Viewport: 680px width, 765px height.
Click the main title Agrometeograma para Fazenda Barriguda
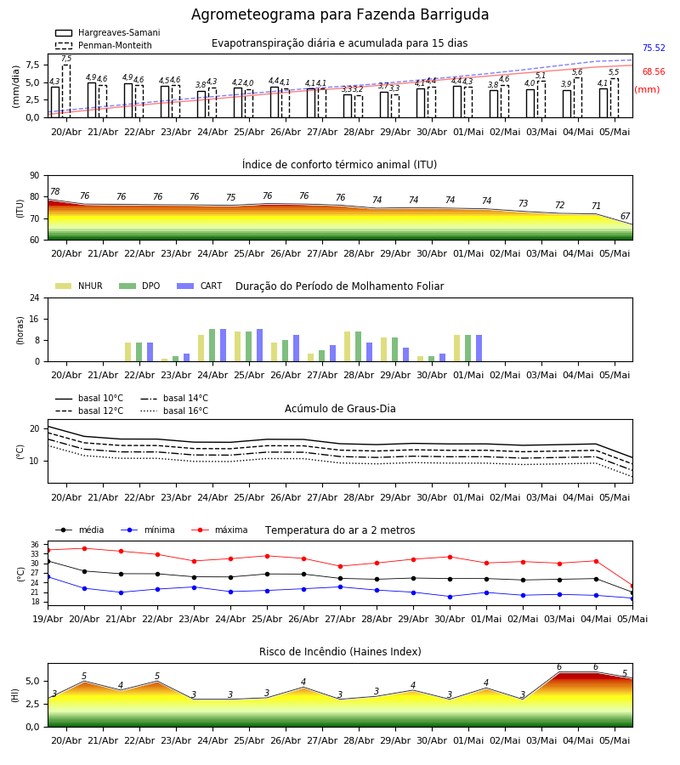[340, 14]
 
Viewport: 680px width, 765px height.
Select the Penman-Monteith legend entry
[104, 45]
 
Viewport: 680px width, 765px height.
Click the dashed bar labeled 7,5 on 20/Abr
[66, 91]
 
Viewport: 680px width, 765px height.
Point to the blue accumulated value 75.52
[654, 48]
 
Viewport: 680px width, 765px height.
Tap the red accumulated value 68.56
[654, 71]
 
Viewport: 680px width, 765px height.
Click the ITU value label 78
[55, 192]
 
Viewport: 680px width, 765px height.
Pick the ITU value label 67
[626, 216]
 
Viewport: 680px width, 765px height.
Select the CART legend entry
[200, 286]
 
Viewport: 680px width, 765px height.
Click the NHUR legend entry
[79, 286]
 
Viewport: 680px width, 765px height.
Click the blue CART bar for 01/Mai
[479, 348]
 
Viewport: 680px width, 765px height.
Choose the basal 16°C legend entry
[174, 411]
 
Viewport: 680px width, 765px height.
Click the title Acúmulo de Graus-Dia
[340, 409]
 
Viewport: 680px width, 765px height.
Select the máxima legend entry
[219, 530]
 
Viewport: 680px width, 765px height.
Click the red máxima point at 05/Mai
[632, 586]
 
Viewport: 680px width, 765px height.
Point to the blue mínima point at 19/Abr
[48, 576]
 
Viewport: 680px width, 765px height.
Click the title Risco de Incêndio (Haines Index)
[340, 652]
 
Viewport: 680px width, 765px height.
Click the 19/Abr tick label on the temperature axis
[48, 619]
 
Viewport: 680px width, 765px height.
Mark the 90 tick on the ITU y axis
[35, 176]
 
